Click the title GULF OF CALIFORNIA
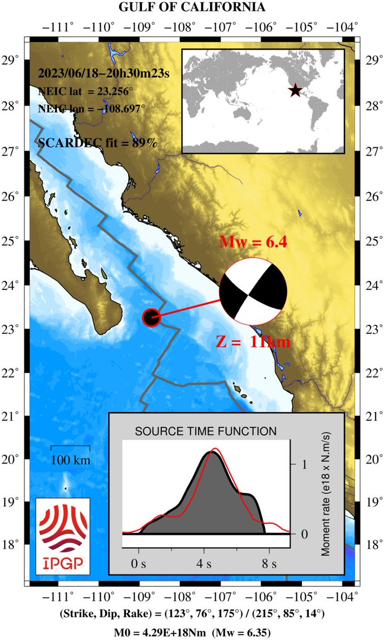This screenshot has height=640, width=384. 192,7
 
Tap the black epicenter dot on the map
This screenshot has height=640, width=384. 152,317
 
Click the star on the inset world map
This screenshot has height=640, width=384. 295,91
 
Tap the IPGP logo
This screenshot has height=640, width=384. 62,533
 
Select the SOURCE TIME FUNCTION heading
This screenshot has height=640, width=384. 206,430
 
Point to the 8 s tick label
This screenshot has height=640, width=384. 270,563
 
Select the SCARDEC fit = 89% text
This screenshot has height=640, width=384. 98,142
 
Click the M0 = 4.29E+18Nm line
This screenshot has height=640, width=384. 192,633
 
